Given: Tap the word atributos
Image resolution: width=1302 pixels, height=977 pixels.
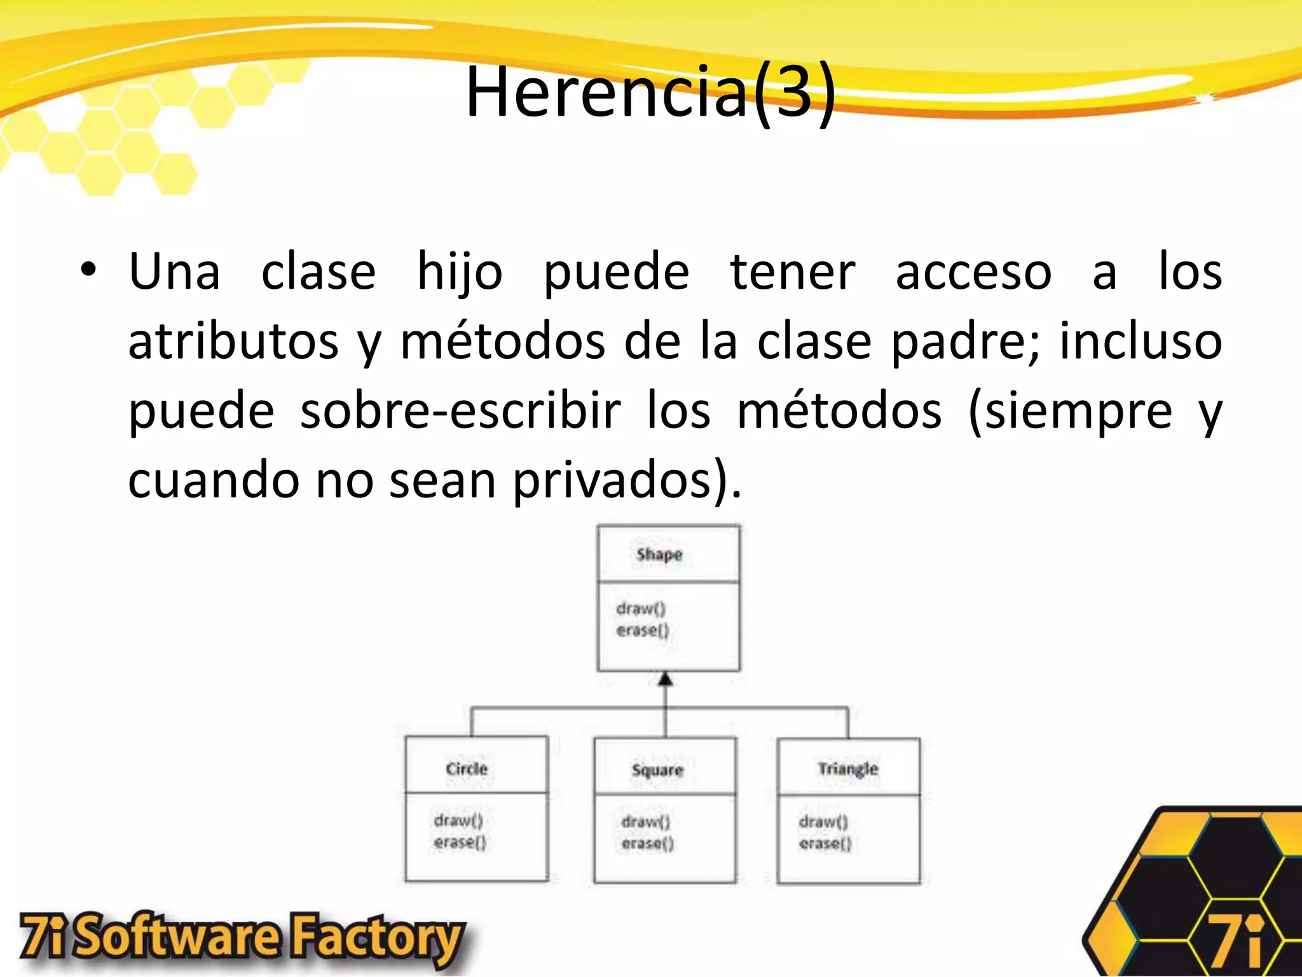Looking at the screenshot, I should [x=233, y=342].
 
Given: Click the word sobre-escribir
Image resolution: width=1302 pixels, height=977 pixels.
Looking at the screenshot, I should [x=460, y=411].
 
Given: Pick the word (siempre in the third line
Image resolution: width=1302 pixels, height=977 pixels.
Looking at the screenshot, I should [x=1070, y=412].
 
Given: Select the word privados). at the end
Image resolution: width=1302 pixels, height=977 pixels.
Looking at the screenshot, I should [x=627, y=481].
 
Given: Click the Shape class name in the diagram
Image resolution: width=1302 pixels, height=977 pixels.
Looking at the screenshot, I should [x=659, y=554].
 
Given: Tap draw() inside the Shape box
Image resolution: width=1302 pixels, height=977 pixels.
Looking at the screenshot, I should [x=641, y=609].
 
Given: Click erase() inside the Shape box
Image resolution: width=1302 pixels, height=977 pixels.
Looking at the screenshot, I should [x=643, y=630].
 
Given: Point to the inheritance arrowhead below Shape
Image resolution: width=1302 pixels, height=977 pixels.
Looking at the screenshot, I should [x=665, y=679].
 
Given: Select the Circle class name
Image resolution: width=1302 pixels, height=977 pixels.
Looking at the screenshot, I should [x=467, y=768].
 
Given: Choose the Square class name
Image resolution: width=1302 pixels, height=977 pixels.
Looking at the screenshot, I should [x=657, y=770].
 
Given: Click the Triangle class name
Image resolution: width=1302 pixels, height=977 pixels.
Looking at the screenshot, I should [x=848, y=769].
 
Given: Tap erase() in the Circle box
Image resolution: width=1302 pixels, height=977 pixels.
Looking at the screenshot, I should [x=460, y=842].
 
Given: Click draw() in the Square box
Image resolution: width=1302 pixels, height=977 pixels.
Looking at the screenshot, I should [x=646, y=822].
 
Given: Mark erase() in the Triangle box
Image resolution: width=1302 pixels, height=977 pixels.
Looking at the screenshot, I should [x=825, y=843].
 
